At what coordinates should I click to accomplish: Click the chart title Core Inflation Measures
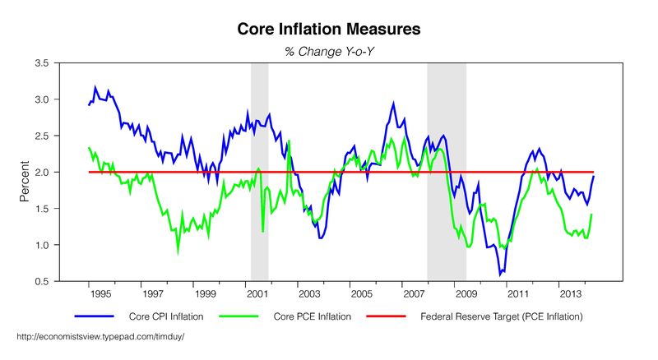329,30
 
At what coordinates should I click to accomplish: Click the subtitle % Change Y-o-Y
329,52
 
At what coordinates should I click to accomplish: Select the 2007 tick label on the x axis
413,293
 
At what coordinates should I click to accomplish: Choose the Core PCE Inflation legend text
313,316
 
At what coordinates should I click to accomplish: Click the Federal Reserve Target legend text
503,316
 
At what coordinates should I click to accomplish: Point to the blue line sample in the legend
93,316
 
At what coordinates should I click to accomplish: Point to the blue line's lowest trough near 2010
499,274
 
